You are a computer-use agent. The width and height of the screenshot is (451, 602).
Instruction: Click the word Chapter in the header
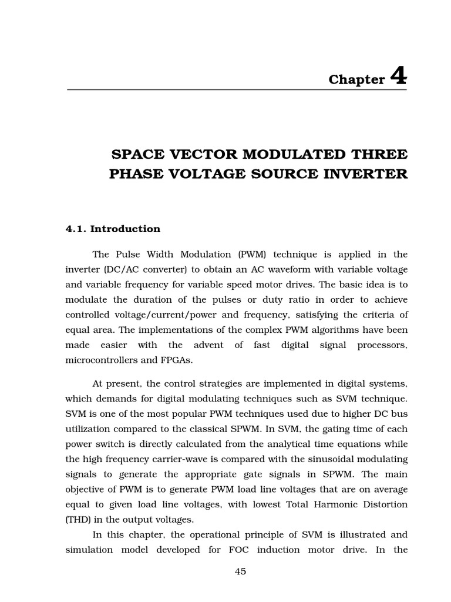pos(356,79)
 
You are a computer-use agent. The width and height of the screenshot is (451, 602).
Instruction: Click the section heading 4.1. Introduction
pos(112,229)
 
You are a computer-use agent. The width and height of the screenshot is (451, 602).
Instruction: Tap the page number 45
pos(240,571)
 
